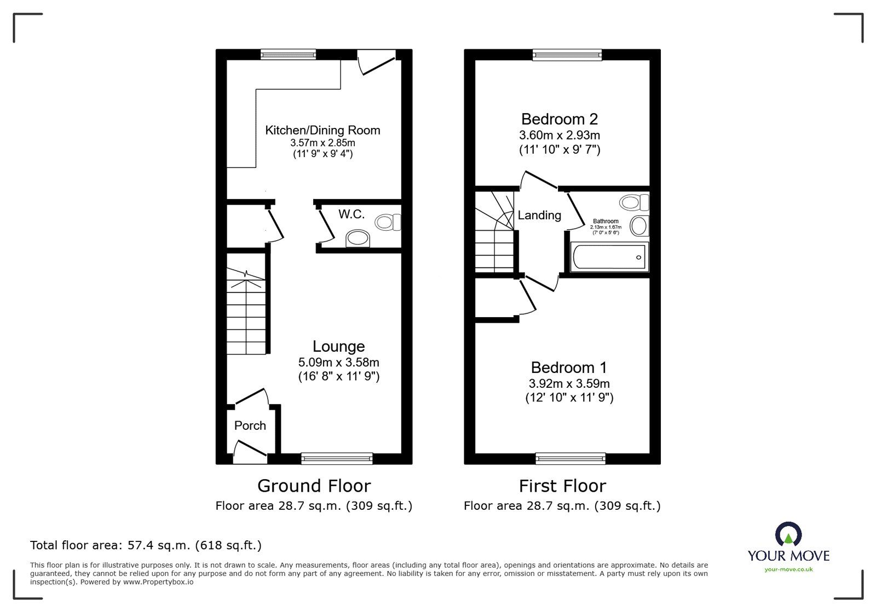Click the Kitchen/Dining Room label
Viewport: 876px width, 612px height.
pyautogui.click(x=322, y=130)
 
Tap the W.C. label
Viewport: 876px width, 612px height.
pyautogui.click(x=351, y=214)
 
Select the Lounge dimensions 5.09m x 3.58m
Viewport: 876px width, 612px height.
pyautogui.click(x=338, y=362)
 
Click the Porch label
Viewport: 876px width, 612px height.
pyautogui.click(x=250, y=426)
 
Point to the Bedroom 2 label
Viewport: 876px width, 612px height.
pyautogui.click(x=559, y=119)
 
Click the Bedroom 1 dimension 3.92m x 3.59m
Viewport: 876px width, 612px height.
pyautogui.click(x=568, y=383)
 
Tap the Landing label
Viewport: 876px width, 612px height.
pyautogui.click(x=539, y=215)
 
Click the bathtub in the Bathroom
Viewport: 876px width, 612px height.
pyautogui.click(x=608, y=257)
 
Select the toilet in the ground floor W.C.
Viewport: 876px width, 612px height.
pyautogui.click(x=388, y=222)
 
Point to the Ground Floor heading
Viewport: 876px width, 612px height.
pyautogui.click(x=314, y=486)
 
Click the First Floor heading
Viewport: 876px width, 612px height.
pyautogui.click(x=562, y=486)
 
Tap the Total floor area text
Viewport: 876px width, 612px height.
pyautogui.click(x=146, y=545)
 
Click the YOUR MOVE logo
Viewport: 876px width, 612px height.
pyautogui.click(x=788, y=547)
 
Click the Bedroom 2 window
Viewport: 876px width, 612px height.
pyautogui.click(x=567, y=54)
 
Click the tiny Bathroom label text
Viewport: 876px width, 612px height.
pyautogui.click(x=605, y=221)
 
